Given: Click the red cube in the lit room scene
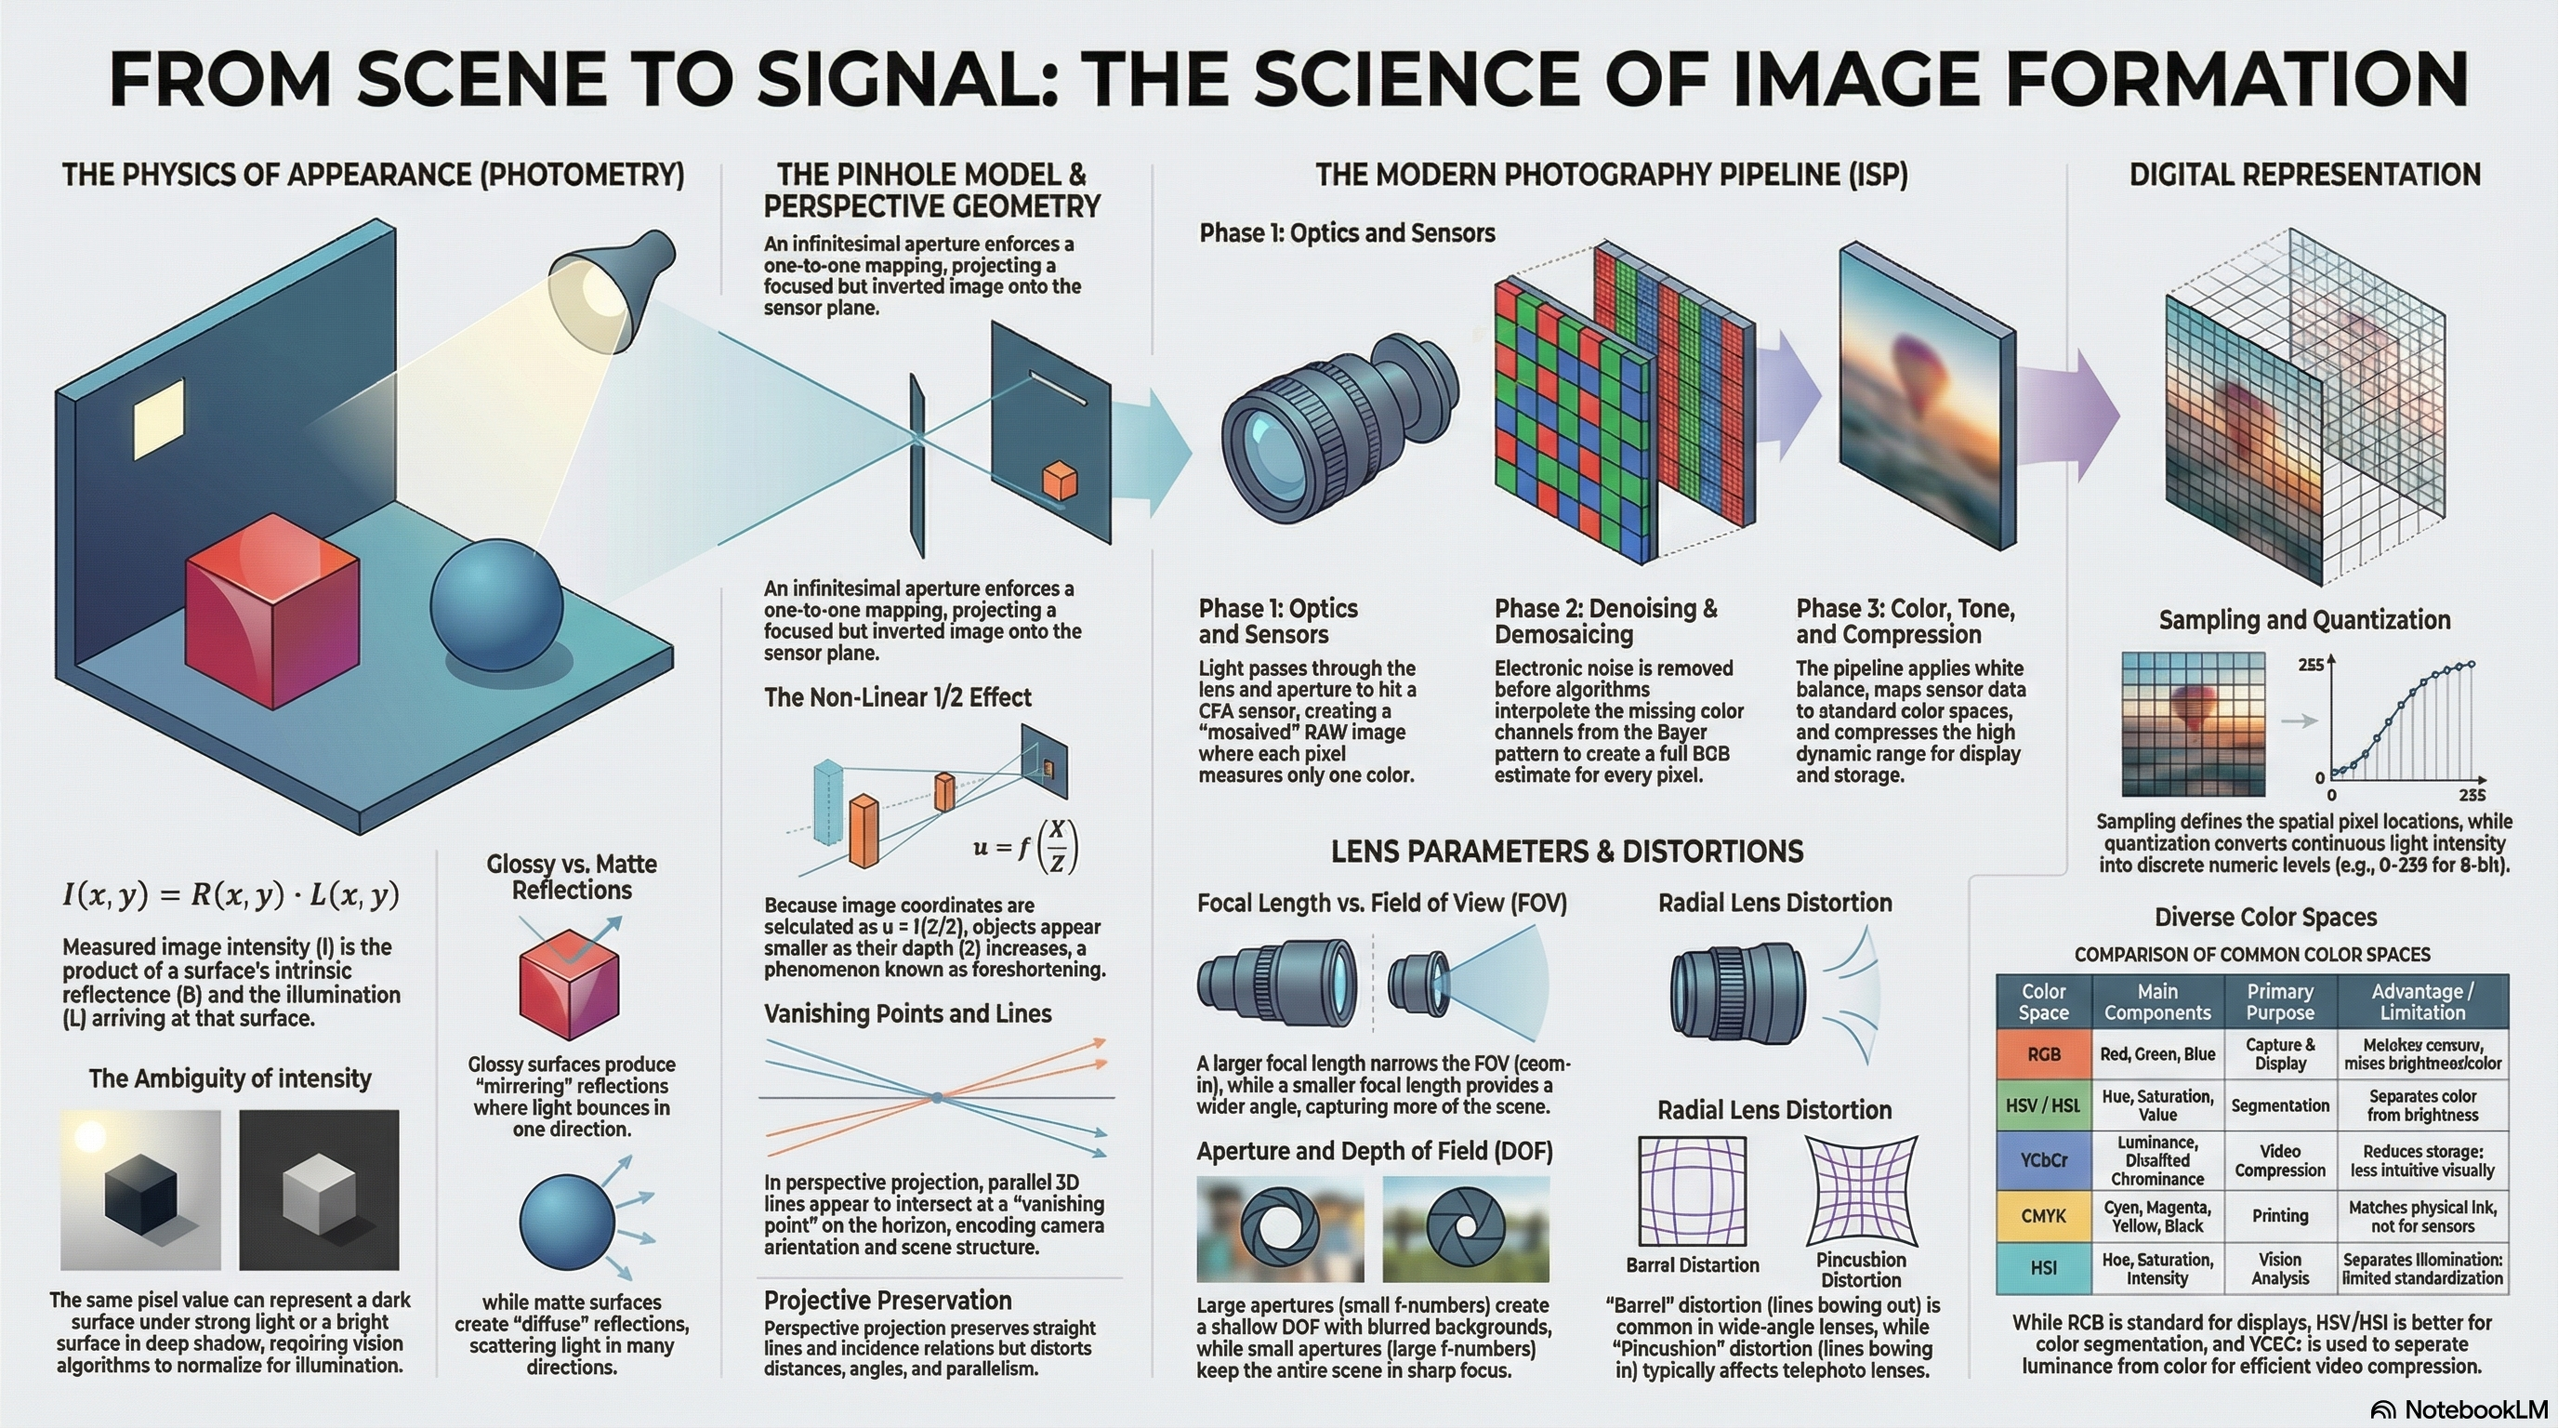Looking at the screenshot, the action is (x=272, y=610).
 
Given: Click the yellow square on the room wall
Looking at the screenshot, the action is (x=159, y=418).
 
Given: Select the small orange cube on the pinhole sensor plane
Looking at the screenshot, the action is (x=1060, y=481).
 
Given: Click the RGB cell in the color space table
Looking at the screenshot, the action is (x=2044, y=1053).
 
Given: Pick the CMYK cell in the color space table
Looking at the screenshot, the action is (x=2044, y=1215).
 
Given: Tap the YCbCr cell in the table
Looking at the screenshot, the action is (x=2044, y=1160).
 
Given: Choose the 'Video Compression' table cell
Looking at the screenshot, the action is (x=2280, y=1160).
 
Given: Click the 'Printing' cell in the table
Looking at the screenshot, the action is (x=2280, y=1215).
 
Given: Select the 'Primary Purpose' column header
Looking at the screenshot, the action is (x=2280, y=1002).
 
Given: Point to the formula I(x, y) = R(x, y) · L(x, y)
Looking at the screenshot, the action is (x=231, y=894).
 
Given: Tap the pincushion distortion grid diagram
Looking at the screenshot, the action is (x=1861, y=1191).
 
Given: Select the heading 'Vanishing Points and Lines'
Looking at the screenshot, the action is (x=907, y=1014).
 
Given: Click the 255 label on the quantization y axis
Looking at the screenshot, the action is (x=2310, y=665).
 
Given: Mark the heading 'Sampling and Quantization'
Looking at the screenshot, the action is (x=2304, y=620).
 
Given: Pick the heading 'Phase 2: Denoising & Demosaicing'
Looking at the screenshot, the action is (x=1605, y=621).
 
